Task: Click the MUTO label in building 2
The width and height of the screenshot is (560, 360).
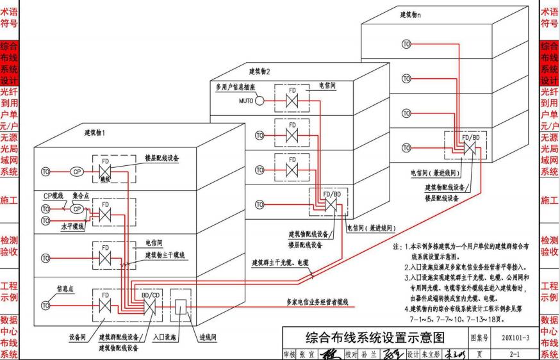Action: (246, 101)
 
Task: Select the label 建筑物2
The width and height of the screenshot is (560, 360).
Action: (260, 71)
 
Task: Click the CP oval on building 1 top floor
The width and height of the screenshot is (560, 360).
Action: (76, 171)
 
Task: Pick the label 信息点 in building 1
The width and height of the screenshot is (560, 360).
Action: (65, 289)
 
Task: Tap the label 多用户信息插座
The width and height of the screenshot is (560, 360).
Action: (236, 86)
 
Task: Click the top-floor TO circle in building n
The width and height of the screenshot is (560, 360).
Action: (406, 44)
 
